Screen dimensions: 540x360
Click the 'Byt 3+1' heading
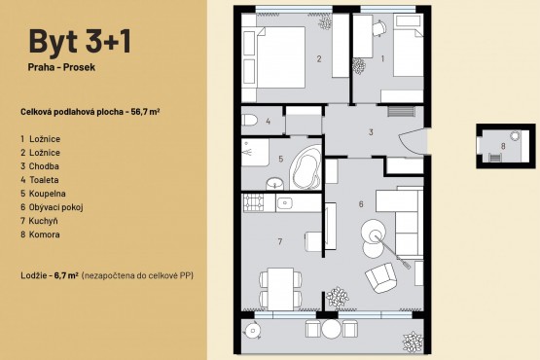coord(80,41)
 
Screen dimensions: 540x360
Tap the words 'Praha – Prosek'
coord(61,67)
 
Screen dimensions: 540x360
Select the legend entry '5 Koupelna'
coord(43,194)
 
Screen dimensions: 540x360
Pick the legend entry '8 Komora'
coord(40,234)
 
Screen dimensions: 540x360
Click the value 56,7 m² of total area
coord(145,112)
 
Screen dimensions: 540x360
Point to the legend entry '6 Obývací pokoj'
coord(52,207)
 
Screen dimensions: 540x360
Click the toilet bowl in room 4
coord(249,121)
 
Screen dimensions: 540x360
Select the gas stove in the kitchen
coord(253,202)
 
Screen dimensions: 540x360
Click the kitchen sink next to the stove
coord(285,202)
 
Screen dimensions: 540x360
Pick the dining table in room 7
coord(280,289)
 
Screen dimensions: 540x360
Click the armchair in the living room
coord(380,277)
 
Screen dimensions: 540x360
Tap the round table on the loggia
coord(331,329)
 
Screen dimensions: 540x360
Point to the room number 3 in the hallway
coord(371,132)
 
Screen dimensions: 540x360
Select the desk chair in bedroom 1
coord(378,27)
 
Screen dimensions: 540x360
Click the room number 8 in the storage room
coord(503,146)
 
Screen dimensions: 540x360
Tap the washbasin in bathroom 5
coord(274,183)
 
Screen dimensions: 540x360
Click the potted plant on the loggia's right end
coord(413,342)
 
